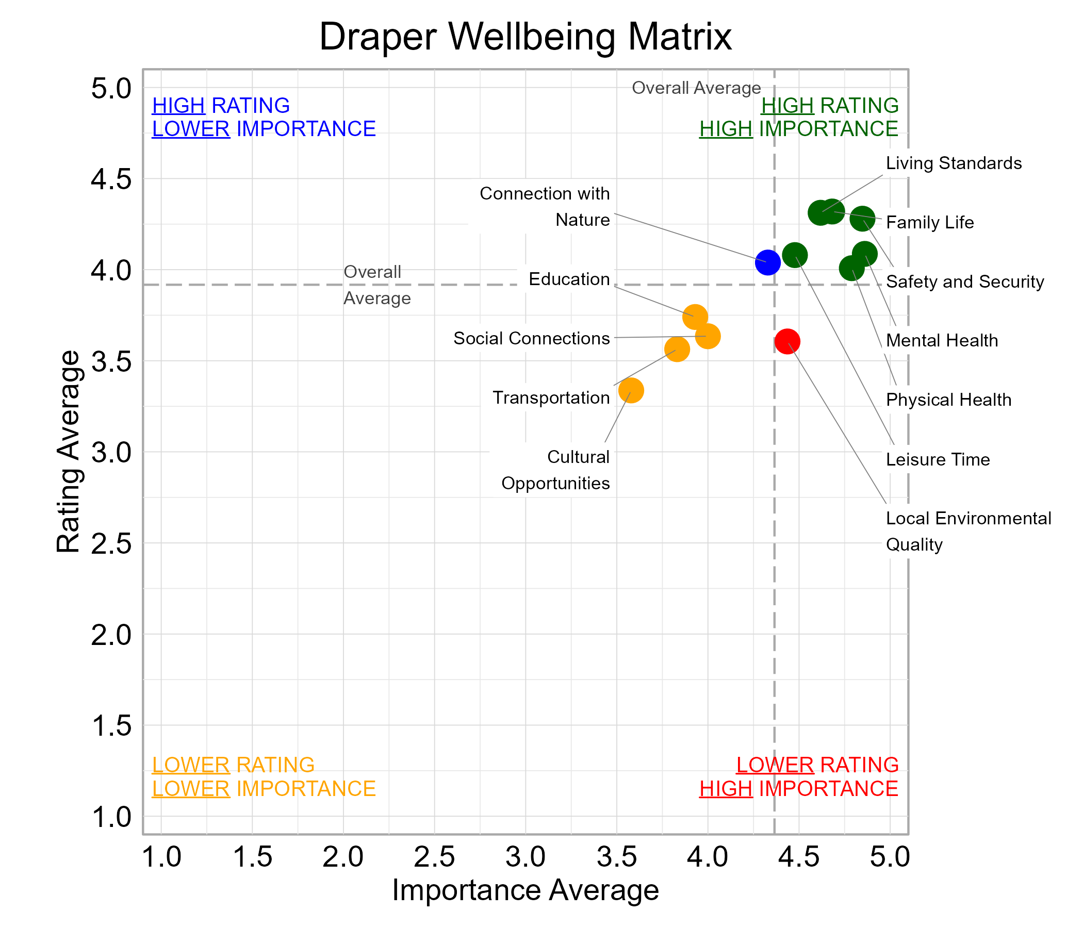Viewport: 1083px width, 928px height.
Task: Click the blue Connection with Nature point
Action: [767, 262]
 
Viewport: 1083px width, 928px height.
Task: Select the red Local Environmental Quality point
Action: [787, 341]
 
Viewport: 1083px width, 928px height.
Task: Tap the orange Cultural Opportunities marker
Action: [631, 390]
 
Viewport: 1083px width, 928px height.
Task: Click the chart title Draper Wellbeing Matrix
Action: [526, 37]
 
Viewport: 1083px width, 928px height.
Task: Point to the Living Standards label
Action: [954, 163]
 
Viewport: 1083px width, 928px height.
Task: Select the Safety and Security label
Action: [965, 281]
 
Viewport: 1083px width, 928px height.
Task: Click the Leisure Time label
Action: [938, 459]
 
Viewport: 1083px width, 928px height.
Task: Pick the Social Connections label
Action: [532, 338]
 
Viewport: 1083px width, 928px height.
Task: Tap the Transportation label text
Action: [551, 397]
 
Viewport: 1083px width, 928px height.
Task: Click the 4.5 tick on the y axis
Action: [111, 179]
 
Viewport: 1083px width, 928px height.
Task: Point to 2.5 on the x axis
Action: [434, 857]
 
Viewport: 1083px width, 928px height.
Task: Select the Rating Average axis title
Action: [68, 452]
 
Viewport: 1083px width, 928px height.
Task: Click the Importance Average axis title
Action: [526, 890]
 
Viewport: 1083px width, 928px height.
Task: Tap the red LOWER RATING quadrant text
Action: [817, 765]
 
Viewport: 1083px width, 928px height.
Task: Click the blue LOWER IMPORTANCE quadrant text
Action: [264, 129]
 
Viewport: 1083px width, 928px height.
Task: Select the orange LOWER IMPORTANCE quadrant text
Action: [264, 788]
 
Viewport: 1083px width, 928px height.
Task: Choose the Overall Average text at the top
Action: [696, 88]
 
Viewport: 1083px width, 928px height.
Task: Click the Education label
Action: [569, 279]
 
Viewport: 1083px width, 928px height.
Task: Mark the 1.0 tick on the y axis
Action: [111, 817]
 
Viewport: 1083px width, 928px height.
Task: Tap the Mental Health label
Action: [942, 341]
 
